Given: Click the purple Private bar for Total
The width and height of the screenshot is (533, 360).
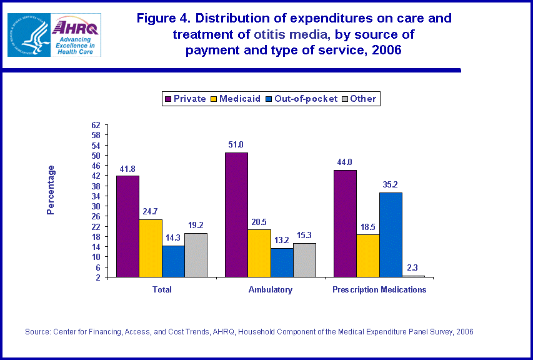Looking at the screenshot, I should pyautogui.click(x=127, y=226).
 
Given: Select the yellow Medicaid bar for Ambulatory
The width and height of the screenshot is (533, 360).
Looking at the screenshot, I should pyautogui.click(x=259, y=253).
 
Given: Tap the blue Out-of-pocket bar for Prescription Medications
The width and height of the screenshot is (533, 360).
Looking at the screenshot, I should pyautogui.click(x=391, y=234).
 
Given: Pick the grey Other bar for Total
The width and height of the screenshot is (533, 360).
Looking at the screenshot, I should pyautogui.click(x=196, y=255).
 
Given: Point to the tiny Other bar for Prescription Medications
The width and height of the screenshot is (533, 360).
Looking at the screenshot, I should pyautogui.click(x=413, y=276).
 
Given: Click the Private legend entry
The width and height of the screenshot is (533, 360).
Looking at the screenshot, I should pyautogui.click(x=185, y=99).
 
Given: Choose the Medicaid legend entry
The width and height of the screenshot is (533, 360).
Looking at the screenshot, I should pyautogui.click(x=234, y=99).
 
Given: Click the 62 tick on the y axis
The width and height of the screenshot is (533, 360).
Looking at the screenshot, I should pyautogui.click(x=96, y=126).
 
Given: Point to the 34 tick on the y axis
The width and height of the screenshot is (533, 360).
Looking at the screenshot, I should pyautogui.click(x=96, y=196).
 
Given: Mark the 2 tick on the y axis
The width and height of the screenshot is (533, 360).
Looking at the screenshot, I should pyautogui.click(x=98, y=277).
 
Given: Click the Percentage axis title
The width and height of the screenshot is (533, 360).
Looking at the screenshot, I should pyautogui.click(x=51, y=190).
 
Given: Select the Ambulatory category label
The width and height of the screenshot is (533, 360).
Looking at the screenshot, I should pyautogui.click(x=270, y=289).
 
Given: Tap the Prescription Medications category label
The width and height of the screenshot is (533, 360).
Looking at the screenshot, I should pyautogui.click(x=379, y=289).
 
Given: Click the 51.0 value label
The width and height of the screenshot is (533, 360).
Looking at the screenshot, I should pyautogui.click(x=236, y=144).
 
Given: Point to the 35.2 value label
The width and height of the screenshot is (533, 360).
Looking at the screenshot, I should pyautogui.click(x=391, y=184).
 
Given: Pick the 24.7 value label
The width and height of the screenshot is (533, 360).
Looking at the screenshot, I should pyautogui.click(x=151, y=211).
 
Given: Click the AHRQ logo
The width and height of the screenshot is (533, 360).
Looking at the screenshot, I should pyautogui.click(x=76, y=34).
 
